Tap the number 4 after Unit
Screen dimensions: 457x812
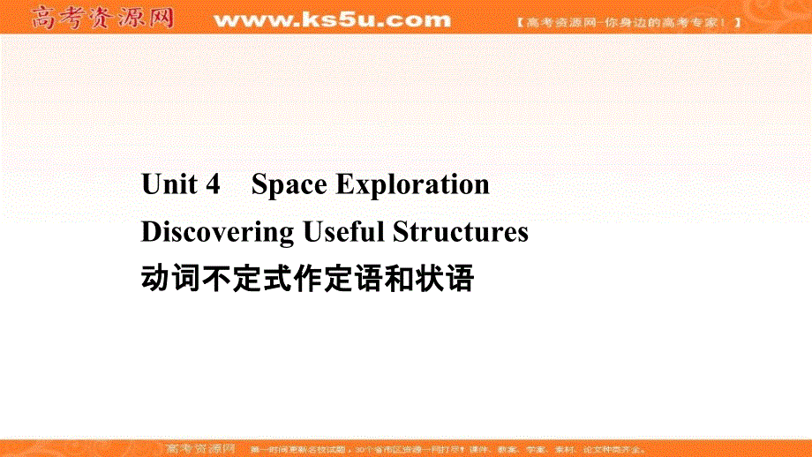[212, 184]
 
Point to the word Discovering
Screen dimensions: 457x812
[217, 232]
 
